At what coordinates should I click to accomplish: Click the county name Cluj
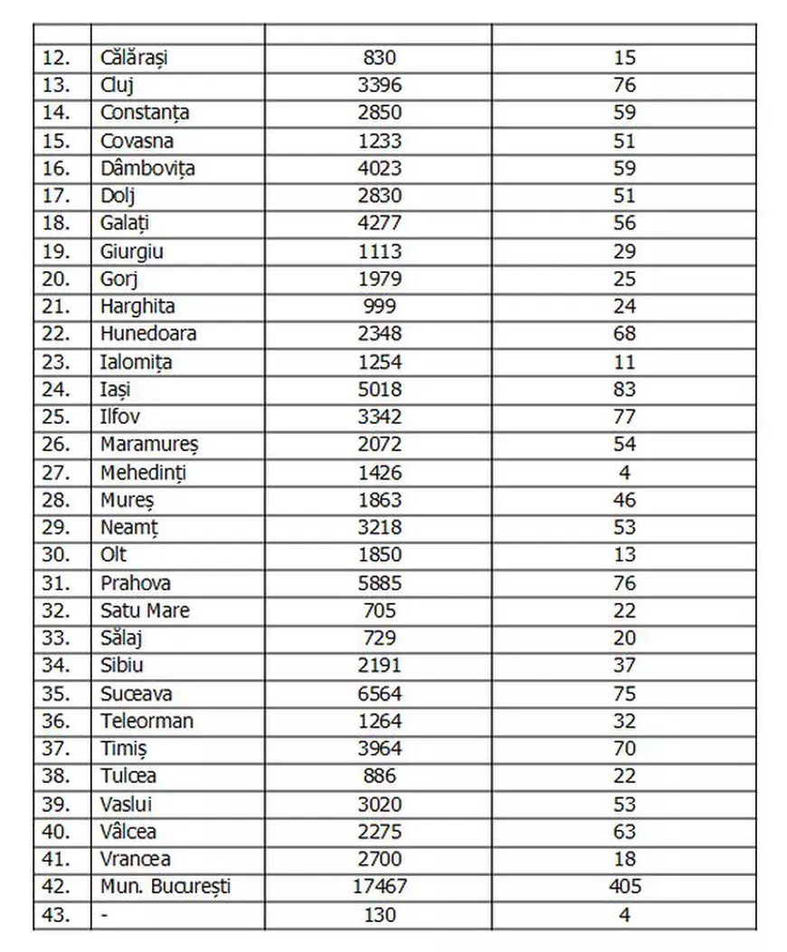(118, 86)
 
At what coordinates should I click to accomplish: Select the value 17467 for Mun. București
(378, 887)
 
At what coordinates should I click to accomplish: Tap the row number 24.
(55, 390)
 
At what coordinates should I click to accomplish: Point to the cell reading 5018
(378, 390)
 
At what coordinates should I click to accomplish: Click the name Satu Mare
(145, 611)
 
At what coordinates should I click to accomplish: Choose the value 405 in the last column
(624, 887)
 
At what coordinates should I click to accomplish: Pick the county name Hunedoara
(148, 335)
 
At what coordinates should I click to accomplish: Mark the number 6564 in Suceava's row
(378, 694)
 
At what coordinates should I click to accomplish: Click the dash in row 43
(105, 915)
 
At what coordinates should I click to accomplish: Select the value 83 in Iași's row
(624, 390)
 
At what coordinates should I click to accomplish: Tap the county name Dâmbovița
(147, 168)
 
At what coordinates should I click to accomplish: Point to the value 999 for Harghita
(378, 306)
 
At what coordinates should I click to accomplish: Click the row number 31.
(55, 583)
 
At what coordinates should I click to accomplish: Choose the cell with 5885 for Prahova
(378, 583)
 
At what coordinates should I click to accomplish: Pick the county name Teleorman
(147, 721)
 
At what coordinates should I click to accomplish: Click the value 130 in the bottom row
(378, 915)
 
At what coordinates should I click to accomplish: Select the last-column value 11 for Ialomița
(624, 363)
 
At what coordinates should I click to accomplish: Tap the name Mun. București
(166, 887)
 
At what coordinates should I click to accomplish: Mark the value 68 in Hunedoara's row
(624, 335)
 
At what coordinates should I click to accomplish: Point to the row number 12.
(55, 58)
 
